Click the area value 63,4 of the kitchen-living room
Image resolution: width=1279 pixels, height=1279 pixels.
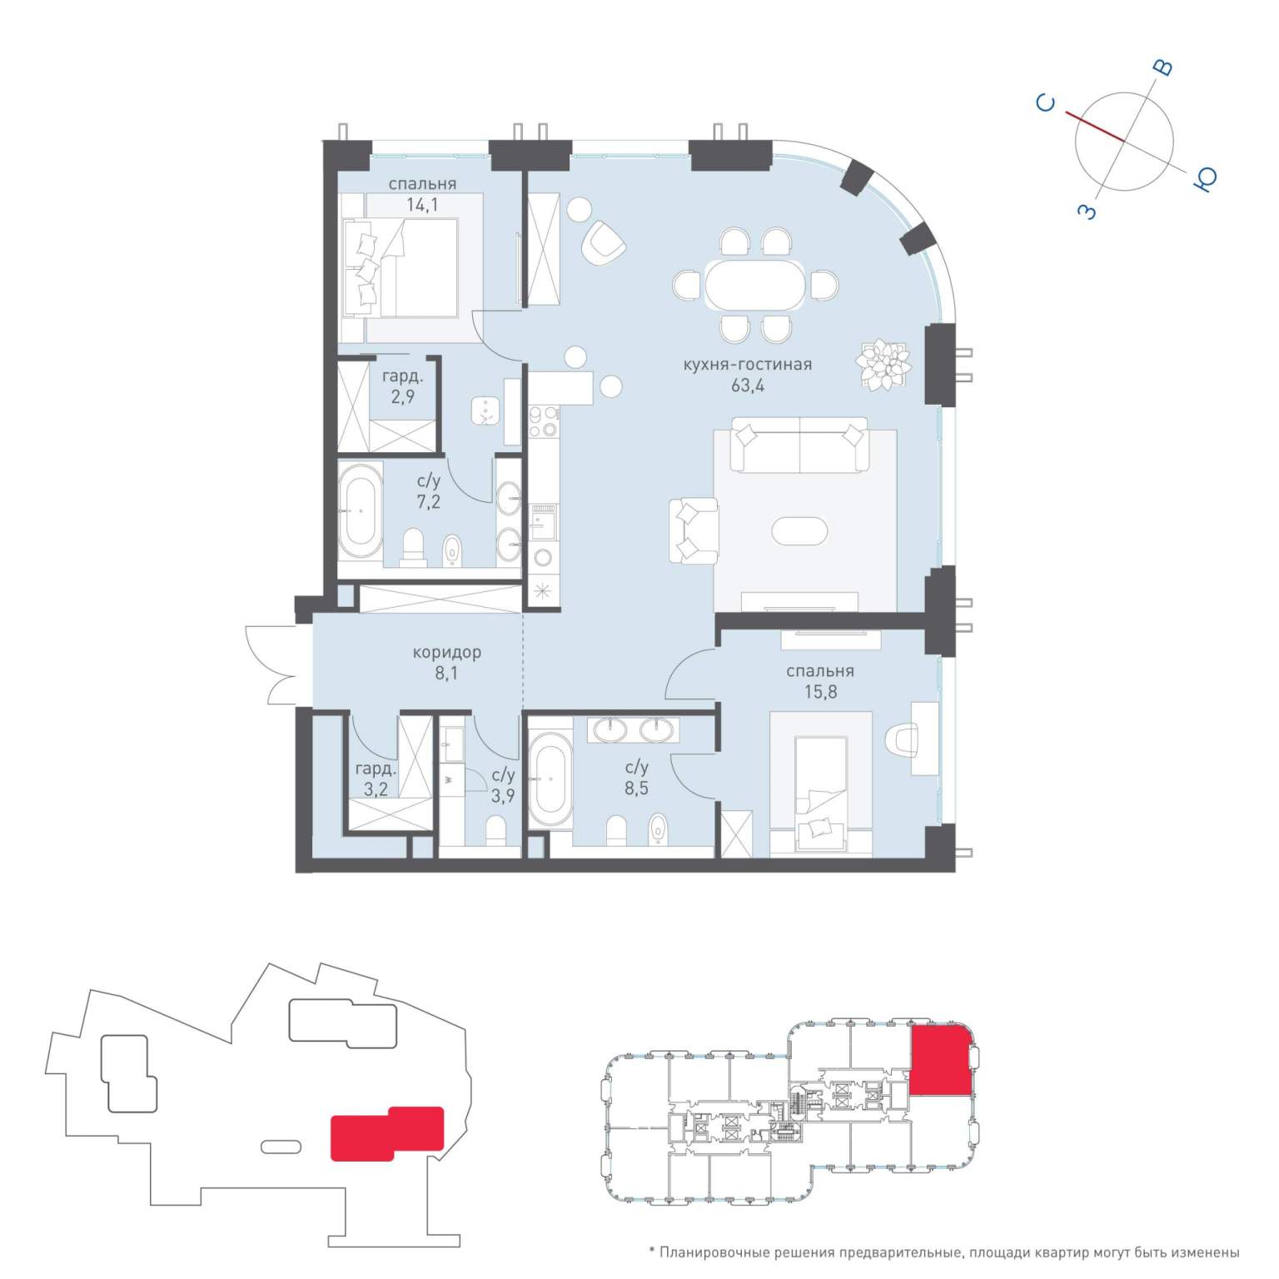coord(747,386)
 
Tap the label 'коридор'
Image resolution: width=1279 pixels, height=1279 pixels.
coord(446,653)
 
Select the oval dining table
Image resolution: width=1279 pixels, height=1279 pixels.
coord(755,286)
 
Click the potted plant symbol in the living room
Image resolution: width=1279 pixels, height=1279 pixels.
coord(883,364)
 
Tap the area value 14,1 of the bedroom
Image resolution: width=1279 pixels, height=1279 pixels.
coord(422,205)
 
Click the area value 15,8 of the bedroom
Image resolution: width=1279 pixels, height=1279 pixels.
coord(820,692)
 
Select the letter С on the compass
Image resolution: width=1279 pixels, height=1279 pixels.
coord(1046,103)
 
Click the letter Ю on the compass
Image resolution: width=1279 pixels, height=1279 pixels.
coord(1205,179)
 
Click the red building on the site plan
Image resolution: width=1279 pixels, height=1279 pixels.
coord(387,1133)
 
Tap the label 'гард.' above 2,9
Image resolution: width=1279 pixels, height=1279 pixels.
coord(403,377)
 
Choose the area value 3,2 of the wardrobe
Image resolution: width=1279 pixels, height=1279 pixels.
coord(376,789)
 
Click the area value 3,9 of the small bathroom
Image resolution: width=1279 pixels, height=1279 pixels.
coord(502,796)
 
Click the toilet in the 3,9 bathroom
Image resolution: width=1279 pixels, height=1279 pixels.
coord(495,830)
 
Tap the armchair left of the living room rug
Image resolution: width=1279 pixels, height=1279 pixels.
coord(693,530)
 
